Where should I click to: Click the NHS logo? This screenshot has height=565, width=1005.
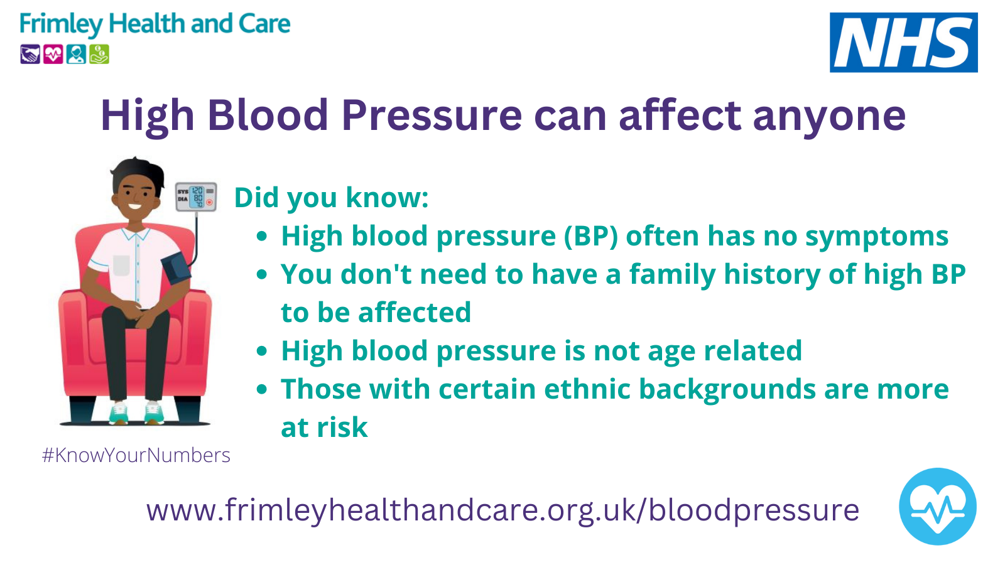[x=903, y=43]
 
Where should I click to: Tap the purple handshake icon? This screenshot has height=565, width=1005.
[x=30, y=54]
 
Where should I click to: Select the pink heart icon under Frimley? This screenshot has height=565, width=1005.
[x=53, y=54]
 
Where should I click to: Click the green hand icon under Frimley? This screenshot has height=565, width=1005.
[x=99, y=54]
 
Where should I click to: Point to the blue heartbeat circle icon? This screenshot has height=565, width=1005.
[x=937, y=507]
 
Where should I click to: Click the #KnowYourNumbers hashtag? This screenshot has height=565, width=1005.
[x=136, y=456]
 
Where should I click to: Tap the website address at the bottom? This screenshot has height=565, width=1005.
[x=503, y=511]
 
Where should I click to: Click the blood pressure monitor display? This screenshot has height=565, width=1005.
[x=196, y=197]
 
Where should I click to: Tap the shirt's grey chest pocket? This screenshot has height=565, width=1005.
[x=121, y=265]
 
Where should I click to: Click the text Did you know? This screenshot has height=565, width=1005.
[x=332, y=198]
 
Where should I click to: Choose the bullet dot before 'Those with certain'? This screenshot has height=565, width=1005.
[x=262, y=389]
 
